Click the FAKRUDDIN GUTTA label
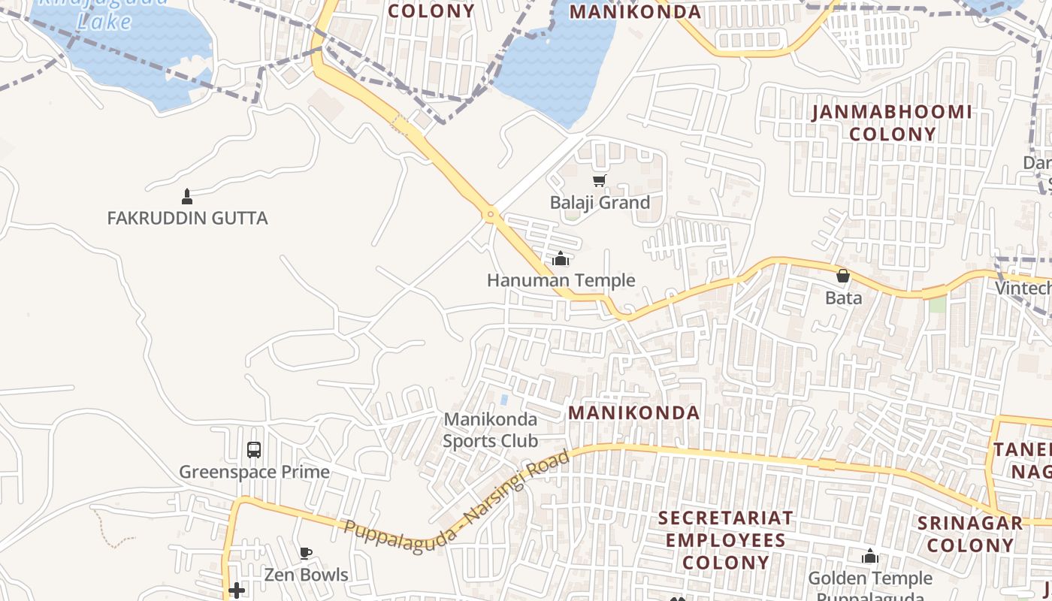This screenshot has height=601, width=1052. (x=187, y=219)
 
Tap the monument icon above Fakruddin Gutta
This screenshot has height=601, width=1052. (x=187, y=197)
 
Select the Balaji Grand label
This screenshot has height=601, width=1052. (x=600, y=203)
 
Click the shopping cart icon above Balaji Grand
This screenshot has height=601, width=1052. (x=599, y=180)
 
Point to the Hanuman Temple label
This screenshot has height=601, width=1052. (x=561, y=281)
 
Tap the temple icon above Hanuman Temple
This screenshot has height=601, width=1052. (x=561, y=259)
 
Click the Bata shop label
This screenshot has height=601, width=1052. (x=843, y=298)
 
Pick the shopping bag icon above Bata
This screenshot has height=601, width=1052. (x=843, y=276)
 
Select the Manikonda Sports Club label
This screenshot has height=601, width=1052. (x=490, y=430)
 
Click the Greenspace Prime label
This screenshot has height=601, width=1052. (x=254, y=473)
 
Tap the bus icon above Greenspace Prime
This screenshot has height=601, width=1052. (x=254, y=450)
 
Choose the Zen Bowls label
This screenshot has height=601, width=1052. (x=306, y=575)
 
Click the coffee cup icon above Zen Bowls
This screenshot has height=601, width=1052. (x=305, y=554)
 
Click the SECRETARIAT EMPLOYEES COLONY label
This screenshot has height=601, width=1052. (x=725, y=540)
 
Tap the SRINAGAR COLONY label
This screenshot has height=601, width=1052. (x=970, y=534)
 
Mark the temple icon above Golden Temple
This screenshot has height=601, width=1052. (x=870, y=557)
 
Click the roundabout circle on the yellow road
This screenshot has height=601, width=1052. (x=491, y=215)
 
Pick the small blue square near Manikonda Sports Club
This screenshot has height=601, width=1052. (x=503, y=400)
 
